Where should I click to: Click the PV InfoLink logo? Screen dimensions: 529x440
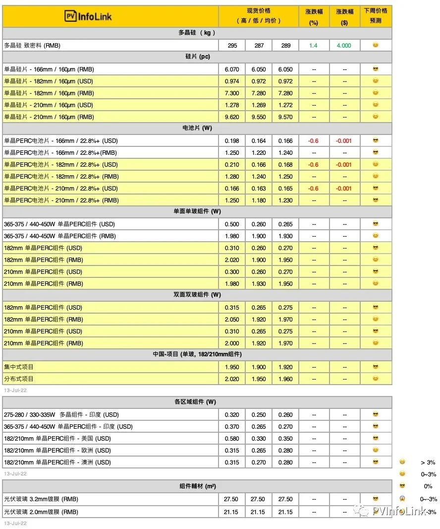(x=88, y=16)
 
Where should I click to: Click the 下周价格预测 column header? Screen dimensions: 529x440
(x=375, y=15)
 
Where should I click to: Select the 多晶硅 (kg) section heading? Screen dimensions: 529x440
(x=197, y=33)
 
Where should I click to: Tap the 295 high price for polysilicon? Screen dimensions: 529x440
(x=232, y=46)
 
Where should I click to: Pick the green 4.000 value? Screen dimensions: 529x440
(x=344, y=46)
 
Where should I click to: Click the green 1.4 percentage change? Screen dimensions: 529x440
(x=313, y=46)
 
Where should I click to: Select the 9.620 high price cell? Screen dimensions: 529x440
(x=232, y=117)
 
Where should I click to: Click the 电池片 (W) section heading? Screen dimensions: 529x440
(x=197, y=128)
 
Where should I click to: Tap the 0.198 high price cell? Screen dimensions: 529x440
(x=232, y=141)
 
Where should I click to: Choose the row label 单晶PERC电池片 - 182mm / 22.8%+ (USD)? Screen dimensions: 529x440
(x=61, y=165)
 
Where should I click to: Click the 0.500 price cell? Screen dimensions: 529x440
(x=232, y=224)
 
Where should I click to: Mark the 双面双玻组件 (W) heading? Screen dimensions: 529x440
(x=197, y=295)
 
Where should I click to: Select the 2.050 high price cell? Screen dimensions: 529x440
(x=232, y=320)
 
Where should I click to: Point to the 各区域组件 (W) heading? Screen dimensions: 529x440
(x=197, y=402)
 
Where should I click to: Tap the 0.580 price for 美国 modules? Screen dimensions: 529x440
(x=232, y=439)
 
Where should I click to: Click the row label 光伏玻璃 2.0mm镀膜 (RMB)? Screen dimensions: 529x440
(x=41, y=512)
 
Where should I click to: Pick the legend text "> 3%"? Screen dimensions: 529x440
(x=428, y=463)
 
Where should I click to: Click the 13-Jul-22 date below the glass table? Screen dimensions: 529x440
(x=15, y=523)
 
